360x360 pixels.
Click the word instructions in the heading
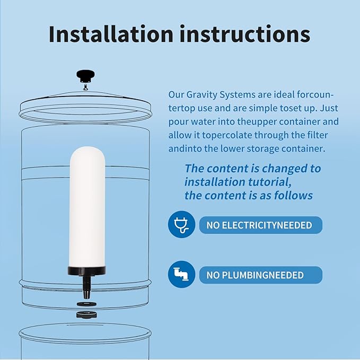click(244, 33)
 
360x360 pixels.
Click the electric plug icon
click(181, 225)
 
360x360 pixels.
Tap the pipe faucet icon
click(181, 275)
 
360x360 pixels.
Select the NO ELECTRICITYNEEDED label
click(260, 225)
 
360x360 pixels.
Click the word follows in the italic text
click(293, 195)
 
